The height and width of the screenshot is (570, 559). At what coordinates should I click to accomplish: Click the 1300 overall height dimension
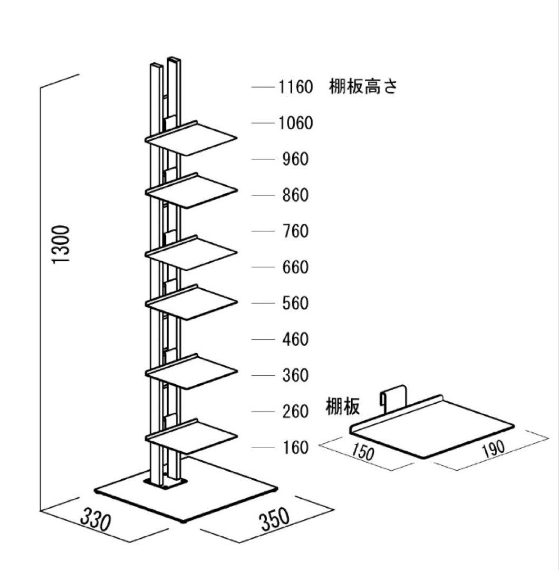pos(63,245)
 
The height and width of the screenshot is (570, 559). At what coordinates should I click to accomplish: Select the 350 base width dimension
pos(274,519)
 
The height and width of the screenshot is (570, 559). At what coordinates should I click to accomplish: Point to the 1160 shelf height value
pos(295,87)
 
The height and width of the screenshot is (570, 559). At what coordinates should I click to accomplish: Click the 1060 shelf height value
pos(295,123)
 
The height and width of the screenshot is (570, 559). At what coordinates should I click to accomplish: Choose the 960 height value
pos(295,159)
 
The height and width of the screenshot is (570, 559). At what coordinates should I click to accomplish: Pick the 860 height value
pos(295,195)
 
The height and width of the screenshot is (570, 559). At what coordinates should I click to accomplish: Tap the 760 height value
pos(295,231)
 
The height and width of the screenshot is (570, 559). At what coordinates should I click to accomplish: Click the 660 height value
pos(295,267)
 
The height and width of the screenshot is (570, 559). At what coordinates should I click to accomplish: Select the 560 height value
pos(295,303)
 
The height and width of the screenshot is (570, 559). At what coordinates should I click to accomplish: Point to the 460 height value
pos(295,339)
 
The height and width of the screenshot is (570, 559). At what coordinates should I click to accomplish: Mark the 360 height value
pos(295,376)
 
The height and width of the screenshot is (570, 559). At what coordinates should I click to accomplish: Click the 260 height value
pos(295,412)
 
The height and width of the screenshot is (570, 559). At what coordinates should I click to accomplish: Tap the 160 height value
pos(295,448)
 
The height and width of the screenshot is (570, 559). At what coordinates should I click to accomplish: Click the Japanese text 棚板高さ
pos(362,87)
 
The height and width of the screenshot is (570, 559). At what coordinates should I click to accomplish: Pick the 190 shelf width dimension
pos(493,448)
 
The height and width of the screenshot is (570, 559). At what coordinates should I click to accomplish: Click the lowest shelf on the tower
pos(192,437)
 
